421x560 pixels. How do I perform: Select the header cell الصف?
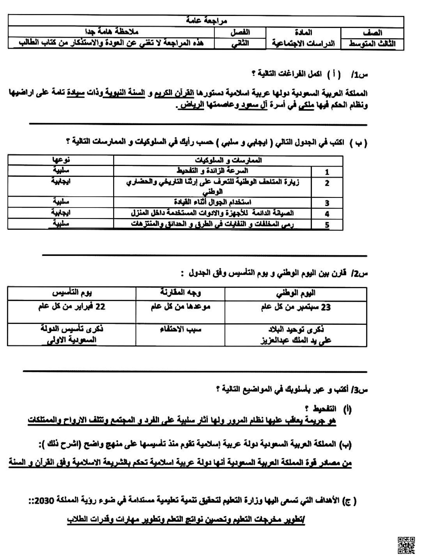[372, 33]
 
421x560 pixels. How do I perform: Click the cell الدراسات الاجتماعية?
[303, 44]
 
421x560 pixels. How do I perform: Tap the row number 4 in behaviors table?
[327, 214]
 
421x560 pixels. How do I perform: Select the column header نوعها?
[61, 160]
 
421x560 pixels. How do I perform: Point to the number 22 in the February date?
[100, 307]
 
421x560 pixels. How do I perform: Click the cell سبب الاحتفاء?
[180, 330]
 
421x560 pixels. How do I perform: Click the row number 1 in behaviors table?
[327, 172]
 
